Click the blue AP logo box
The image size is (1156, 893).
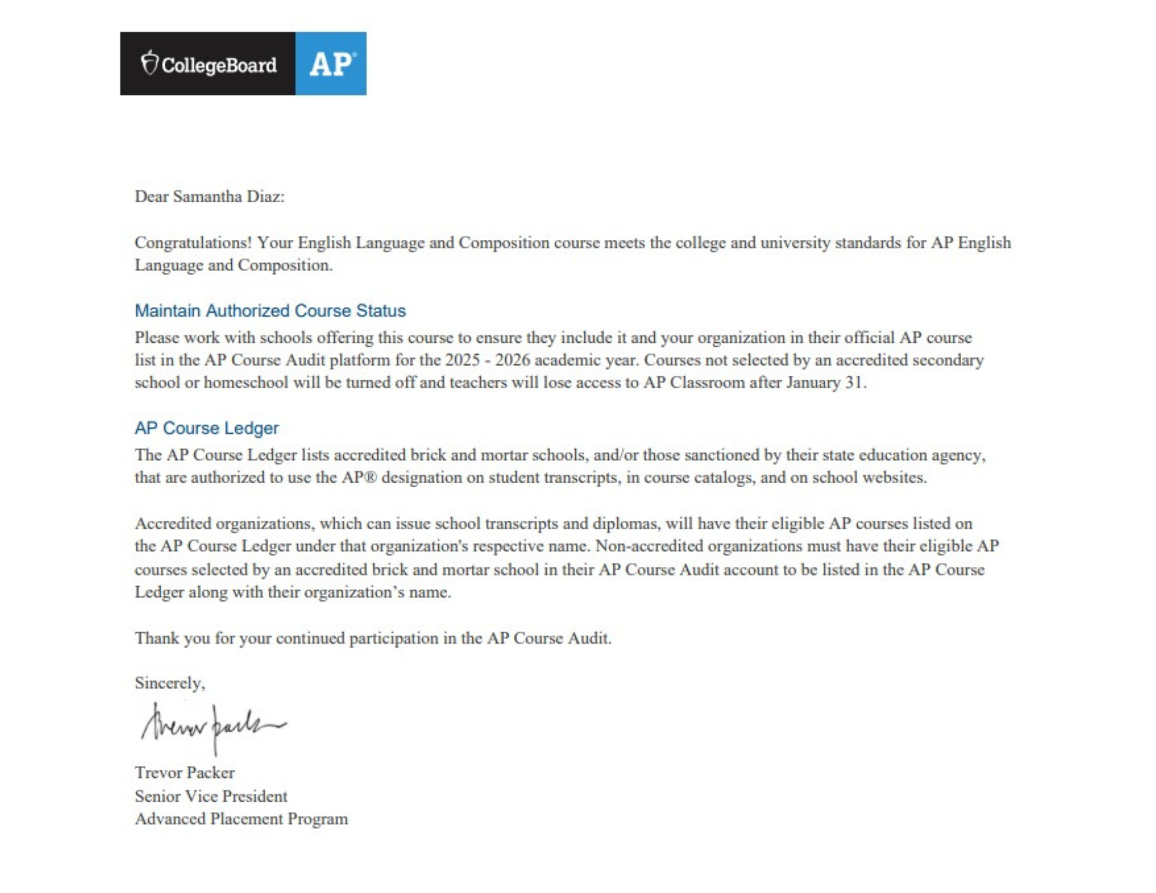point(331,64)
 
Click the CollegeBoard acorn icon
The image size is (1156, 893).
point(150,62)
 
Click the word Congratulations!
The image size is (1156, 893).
point(193,242)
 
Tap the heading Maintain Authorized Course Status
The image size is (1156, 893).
point(270,310)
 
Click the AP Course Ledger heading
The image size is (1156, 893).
point(206,428)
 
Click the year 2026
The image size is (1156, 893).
point(513,360)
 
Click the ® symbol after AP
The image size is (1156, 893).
point(372,477)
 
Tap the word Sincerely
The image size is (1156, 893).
point(169,683)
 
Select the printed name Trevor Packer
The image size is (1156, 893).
point(184,772)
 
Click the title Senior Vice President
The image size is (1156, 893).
point(211,796)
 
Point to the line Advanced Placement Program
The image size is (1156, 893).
point(241,818)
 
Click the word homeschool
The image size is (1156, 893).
point(246,382)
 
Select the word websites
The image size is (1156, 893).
point(894,477)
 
